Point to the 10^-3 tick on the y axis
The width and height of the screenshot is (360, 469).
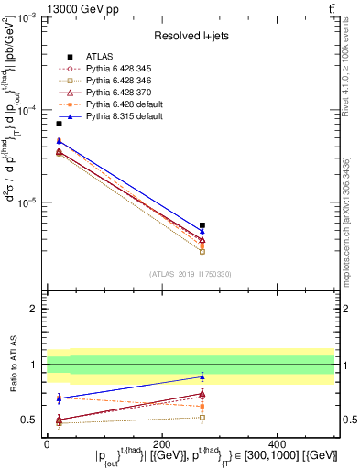point(27,17)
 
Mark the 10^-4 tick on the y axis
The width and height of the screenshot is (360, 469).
point(27,110)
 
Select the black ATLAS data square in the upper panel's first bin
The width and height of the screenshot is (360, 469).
point(59,124)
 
